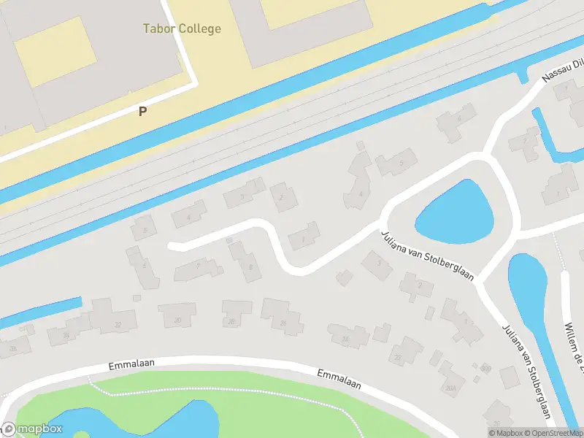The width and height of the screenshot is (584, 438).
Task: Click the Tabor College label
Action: (181, 29)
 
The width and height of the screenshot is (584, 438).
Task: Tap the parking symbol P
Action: (143, 111)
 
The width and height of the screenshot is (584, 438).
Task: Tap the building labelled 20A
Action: (450, 386)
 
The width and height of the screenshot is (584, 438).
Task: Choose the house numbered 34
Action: (66, 334)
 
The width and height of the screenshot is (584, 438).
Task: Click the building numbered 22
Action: (397, 357)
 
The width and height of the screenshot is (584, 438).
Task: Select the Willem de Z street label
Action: (574, 343)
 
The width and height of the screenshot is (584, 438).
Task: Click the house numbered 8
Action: (250, 267)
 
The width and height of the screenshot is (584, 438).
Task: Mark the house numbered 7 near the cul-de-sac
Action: (198, 266)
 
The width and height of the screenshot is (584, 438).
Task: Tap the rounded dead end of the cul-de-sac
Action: (172, 246)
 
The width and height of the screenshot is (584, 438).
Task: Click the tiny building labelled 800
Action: (485, 368)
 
